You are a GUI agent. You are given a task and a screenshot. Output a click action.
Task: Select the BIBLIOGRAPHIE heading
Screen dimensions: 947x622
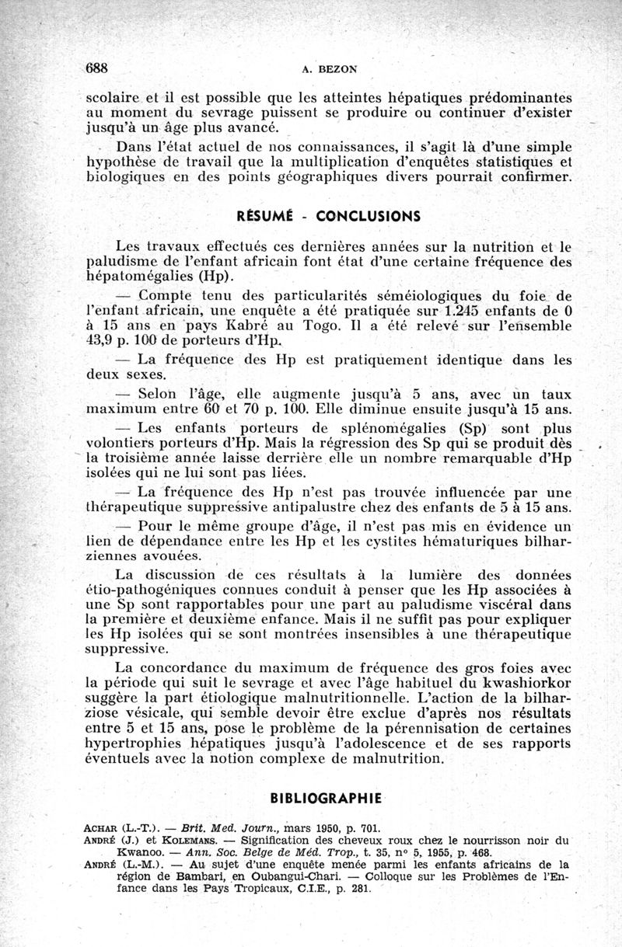tap(326, 798)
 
